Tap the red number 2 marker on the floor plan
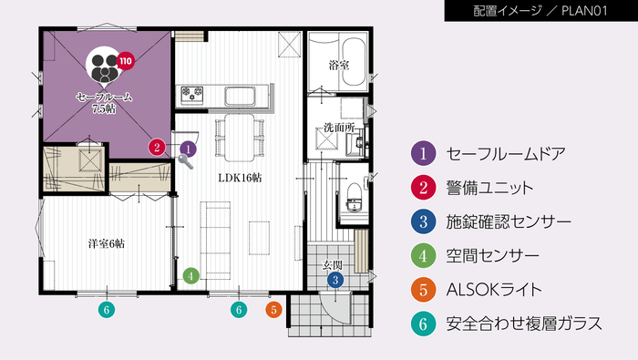click(x=158, y=147)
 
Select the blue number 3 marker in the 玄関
click(x=335, y=280)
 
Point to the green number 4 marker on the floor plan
click(x=190, y=273)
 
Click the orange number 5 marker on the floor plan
click(x=273, y=310)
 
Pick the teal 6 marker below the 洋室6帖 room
click(x=107, y=310)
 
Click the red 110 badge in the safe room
click(x=125, y=62)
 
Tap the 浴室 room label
click(x=339, y=65)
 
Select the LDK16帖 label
click(x=239, y=178)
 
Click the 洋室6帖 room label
click(x=106, y=243)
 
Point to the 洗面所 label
click(x=338, y=127)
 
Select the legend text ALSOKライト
click(x=495, y=290)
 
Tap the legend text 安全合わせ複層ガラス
click(x=525, y=324)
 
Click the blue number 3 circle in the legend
click(x=422, y=221)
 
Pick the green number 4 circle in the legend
click(x=422, y=255)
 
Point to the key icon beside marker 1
click(x=186, y=161)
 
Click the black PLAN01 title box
click(x=539, y=12)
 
